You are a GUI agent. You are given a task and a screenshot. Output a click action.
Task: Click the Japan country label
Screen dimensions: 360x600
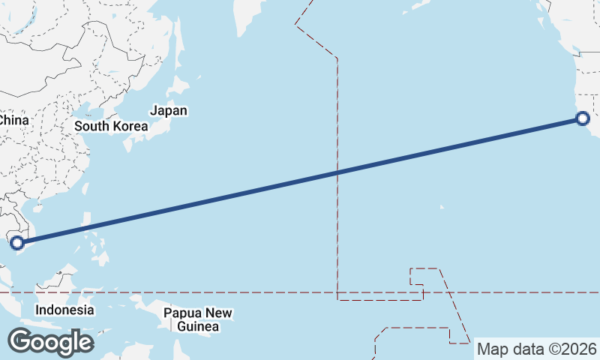point(169,111)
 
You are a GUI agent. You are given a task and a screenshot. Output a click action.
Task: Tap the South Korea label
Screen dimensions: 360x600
point(111,126)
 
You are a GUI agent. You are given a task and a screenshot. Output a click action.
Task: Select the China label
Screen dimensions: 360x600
point(13,120)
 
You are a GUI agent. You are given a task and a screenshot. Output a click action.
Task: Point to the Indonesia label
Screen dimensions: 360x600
point(65,310)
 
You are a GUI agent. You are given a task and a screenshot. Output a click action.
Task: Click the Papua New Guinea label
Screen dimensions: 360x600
point(199,319)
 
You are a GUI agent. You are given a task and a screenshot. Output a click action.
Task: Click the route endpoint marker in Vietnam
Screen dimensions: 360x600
point(17,242)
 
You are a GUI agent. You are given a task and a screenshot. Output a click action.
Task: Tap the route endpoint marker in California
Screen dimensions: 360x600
point(583,118)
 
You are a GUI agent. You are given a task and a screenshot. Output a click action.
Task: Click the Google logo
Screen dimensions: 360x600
point(50,342)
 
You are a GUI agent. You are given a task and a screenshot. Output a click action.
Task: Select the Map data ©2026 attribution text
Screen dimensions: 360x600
point(537,349)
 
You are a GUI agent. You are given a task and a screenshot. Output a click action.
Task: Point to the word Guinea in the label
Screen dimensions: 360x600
point(199,327)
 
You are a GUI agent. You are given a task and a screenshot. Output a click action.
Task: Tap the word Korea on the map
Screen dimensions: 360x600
point(130,126)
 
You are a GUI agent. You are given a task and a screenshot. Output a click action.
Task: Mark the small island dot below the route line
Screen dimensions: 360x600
point(441,207)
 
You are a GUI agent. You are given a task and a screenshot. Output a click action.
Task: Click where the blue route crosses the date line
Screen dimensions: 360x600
point(337,172)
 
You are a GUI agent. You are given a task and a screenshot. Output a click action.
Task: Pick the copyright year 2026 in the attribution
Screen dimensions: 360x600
point(579,349)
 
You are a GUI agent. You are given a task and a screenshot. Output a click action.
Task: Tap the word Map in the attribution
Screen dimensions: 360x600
point(491,349)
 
